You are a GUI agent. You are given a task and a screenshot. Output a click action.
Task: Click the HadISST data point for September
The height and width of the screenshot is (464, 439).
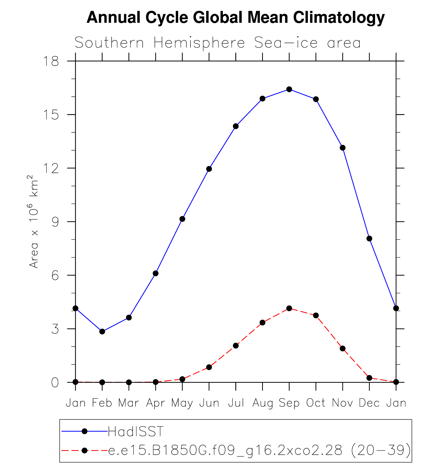289,89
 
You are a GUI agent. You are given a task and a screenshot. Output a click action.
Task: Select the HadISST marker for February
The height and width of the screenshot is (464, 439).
102,331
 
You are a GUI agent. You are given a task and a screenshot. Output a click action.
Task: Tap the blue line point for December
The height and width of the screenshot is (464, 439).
369,238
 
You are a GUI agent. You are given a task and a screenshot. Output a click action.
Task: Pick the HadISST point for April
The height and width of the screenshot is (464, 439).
156,273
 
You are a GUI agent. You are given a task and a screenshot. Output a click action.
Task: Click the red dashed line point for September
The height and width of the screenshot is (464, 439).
289,308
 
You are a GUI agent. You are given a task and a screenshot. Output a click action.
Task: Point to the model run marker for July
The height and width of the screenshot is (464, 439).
236,346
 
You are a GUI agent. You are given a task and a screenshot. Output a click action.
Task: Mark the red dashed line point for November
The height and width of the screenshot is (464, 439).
342,348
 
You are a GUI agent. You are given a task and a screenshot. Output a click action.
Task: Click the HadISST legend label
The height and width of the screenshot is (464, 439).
136,431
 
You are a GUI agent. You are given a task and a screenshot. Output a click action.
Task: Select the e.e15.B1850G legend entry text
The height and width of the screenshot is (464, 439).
259,450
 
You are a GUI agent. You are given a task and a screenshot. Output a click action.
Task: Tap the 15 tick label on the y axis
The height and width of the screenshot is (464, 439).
51,115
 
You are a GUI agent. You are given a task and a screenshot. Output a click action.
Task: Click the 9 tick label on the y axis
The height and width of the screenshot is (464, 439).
55,222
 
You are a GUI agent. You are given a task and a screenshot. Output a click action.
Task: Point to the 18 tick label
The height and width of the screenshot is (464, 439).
51,61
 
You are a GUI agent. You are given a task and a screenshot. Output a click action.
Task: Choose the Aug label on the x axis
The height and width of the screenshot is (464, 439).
262,403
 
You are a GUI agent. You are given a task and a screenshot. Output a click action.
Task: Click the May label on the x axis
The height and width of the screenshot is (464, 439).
182,403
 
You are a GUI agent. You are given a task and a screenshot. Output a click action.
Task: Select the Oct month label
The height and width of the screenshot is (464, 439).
316,403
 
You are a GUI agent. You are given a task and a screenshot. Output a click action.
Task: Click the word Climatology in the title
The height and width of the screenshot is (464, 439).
339,17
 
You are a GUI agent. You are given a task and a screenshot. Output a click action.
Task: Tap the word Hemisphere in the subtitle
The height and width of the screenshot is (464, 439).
199,43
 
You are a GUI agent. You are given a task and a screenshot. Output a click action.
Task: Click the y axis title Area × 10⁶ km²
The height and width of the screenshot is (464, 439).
34,221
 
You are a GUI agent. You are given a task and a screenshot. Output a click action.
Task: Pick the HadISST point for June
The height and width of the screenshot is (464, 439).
209,169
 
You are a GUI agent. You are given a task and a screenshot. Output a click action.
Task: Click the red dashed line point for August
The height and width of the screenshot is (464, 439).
262,322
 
